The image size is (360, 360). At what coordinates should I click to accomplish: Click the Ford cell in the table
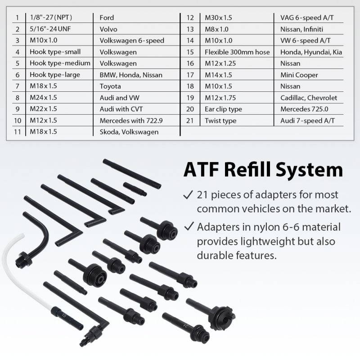(107, 18)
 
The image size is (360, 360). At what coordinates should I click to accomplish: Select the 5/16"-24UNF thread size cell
(50, 29)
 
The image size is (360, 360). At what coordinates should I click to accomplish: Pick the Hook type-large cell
(55, 75)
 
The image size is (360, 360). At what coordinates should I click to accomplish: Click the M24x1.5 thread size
(44, 98)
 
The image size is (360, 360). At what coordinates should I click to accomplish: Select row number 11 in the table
(17, 132)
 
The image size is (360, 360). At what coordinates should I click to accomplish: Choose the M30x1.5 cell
(218, 18)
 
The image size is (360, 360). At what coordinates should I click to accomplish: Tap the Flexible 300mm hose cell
(237, 52)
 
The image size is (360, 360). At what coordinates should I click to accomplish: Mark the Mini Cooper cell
(299, 75)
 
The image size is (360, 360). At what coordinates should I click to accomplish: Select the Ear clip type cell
(223, 109)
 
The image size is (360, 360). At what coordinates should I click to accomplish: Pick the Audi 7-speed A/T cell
(307, 121)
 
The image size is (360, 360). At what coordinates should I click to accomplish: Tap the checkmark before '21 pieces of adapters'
(188, 196)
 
